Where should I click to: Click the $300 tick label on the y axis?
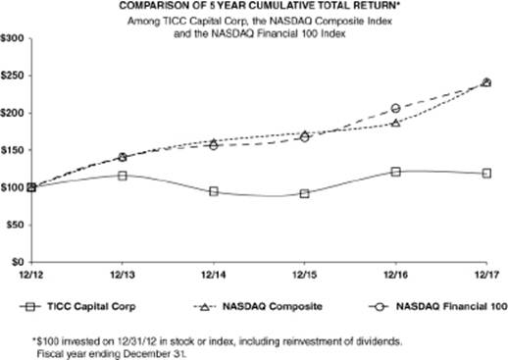tap(13, 38)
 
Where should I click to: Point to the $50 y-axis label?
tap(15, 225)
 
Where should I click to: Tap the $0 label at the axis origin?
tap(18, 262)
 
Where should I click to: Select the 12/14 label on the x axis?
tap(214, 275)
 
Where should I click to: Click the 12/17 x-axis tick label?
tap(486, 275)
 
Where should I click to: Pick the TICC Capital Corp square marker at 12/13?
tap(123, 176)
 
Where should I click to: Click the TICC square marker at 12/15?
tap(304, 193)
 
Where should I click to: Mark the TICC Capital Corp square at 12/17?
tap(486, 174)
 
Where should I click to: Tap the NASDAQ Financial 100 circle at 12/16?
tap(395, 108)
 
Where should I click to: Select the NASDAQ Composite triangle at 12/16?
tap(395, 123)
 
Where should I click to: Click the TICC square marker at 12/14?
tap(214, 191)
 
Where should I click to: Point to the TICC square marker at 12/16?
tap(395, 172)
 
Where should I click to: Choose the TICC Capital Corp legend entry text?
tap(91, 307)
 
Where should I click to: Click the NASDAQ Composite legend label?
tap(273, 307)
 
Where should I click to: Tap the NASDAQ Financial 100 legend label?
tap(452, 307)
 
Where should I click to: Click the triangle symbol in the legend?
tap(204, 307)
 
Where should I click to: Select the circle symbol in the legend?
tap(380, 307)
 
